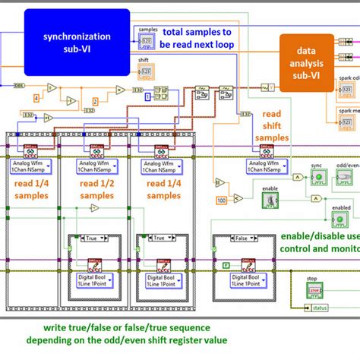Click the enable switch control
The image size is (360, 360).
pyautogui.click(x=267, y=200)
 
